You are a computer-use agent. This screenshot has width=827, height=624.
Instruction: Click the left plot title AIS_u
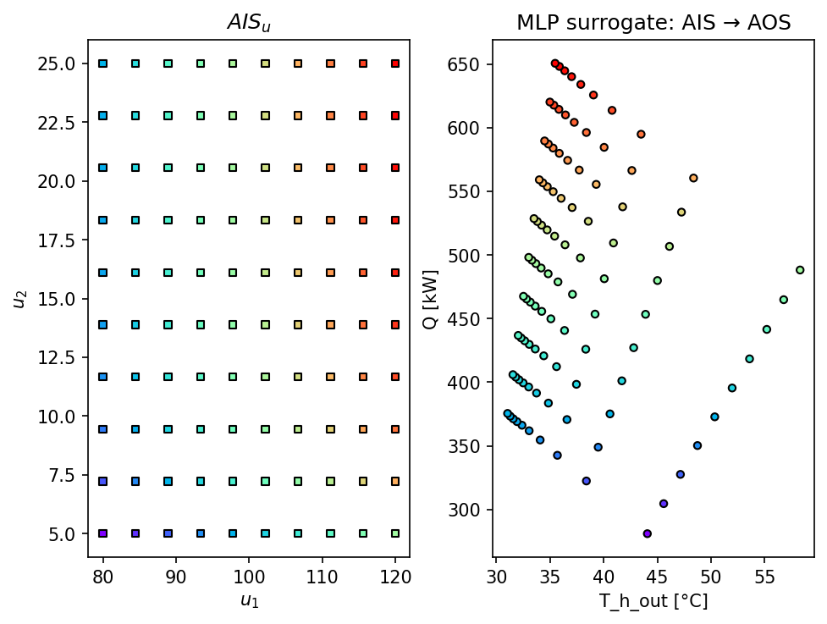click(248, 24)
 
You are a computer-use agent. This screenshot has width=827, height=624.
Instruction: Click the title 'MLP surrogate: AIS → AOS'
click(653, 23)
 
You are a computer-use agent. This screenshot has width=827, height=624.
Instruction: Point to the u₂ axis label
click(18, 298)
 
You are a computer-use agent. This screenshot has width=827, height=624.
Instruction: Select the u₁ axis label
click(248, 600)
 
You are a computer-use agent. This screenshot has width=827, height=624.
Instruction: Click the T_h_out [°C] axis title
click(653, 601)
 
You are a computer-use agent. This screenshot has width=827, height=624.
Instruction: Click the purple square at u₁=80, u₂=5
click(103, 533)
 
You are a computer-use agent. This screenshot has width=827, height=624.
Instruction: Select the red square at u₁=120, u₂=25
click(395, 64)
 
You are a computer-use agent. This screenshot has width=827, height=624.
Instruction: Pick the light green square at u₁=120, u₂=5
click(395, 533)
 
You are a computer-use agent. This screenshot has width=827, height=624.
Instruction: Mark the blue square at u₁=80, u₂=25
click(103, 64)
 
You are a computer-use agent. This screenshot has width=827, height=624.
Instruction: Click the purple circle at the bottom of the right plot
click(648, 533)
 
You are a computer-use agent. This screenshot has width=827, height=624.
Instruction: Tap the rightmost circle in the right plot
click(800, 270)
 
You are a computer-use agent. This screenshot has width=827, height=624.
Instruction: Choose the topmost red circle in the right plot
click(555, 63)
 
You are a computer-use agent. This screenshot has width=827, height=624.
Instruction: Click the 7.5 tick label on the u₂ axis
click(71, 475)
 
